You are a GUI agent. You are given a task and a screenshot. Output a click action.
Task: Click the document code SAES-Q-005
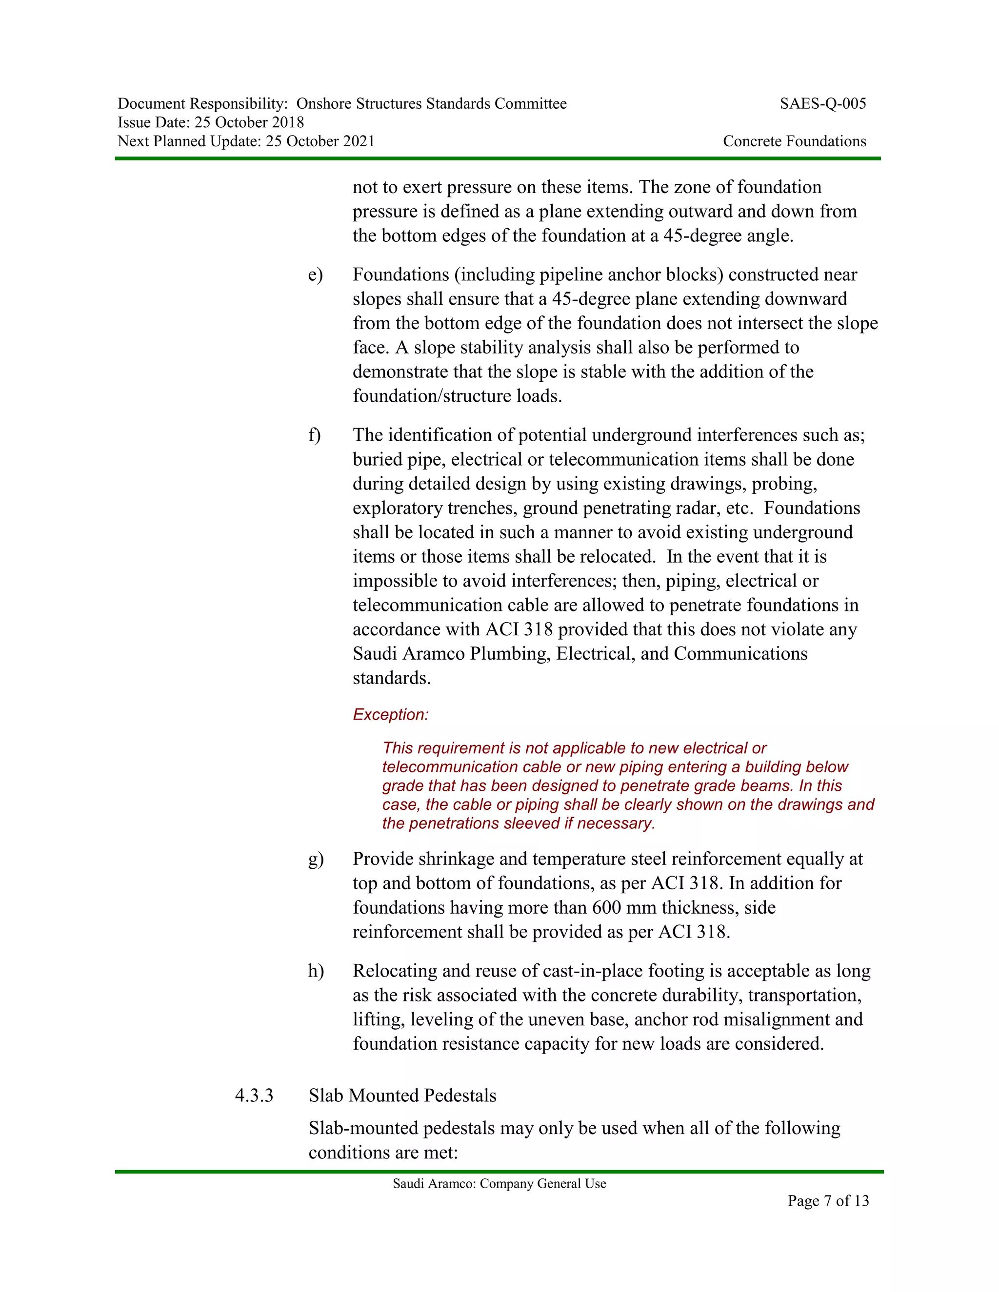point(822,104)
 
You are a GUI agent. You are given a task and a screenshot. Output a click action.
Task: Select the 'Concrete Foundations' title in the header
point(794,141)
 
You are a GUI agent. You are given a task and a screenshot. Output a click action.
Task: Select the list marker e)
point(316,275)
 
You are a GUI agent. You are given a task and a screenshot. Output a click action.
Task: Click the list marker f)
point(314,435)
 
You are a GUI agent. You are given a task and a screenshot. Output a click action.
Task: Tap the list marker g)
point(316,859)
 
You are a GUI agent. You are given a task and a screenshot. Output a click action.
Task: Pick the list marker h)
point(316,971)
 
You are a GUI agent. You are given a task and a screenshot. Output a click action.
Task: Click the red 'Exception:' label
point(391,715)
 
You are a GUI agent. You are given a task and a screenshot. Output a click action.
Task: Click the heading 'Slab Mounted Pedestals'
point(402,1096)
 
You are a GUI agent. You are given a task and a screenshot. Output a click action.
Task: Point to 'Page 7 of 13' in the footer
point(828,1200)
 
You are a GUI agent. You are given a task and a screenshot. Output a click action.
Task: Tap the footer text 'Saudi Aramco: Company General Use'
point(499,1184)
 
